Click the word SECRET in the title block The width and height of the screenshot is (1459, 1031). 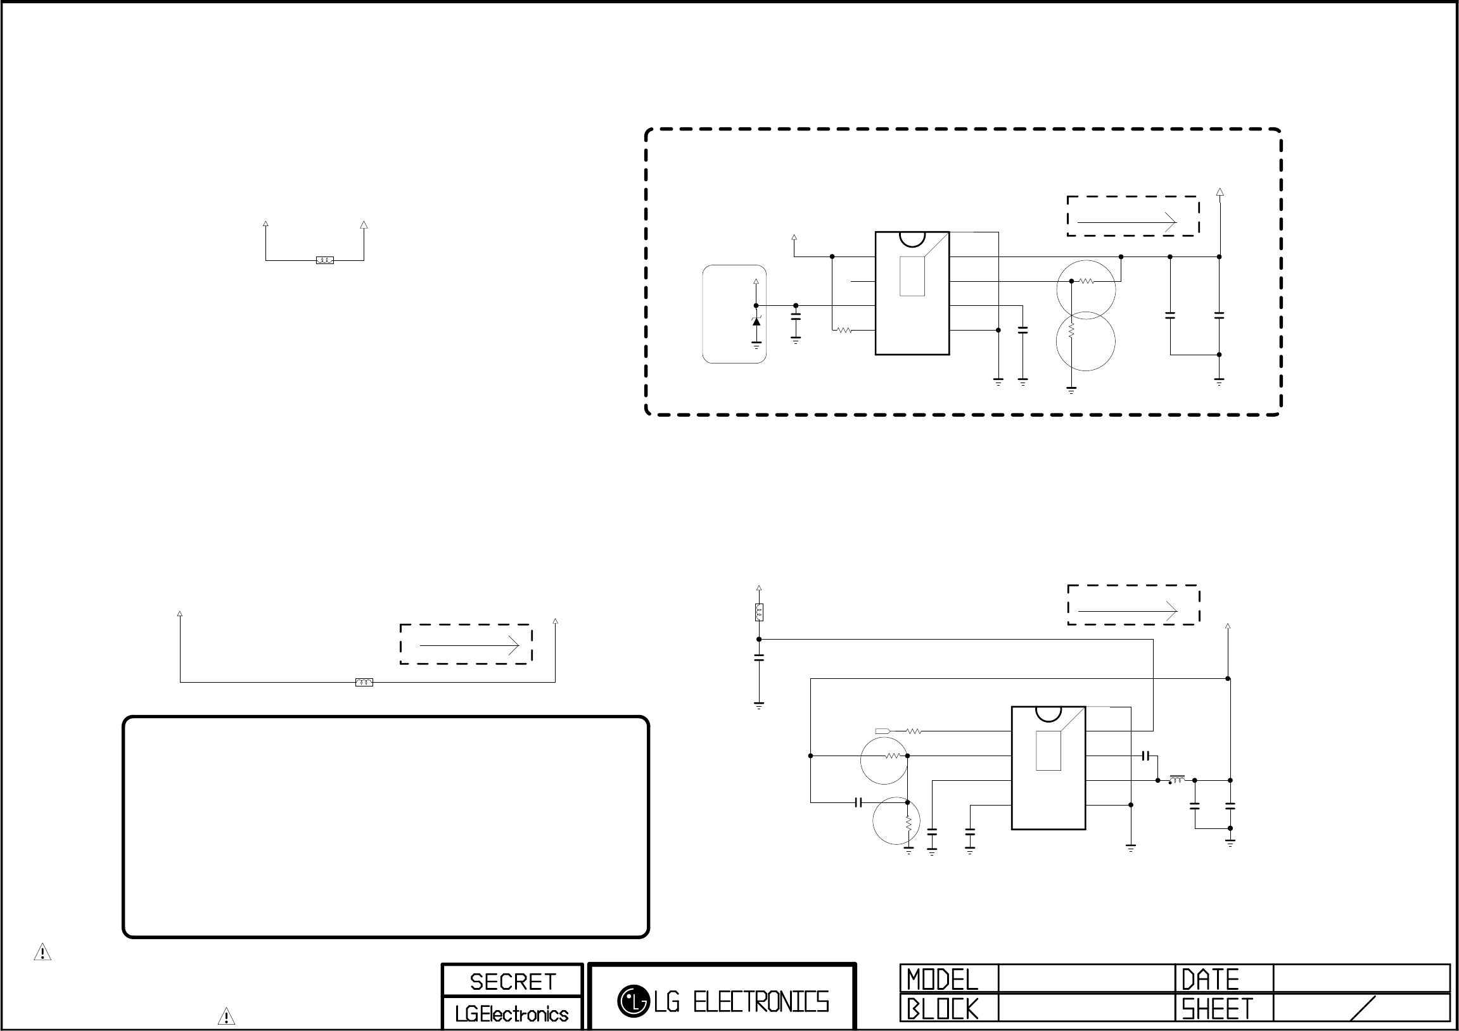(513, 982)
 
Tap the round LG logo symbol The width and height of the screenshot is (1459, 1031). (633, 1001)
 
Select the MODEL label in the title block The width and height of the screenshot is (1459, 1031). (943, 980)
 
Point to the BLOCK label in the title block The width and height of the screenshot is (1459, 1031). (943, 1009)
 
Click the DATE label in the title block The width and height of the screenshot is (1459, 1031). (1210, 980)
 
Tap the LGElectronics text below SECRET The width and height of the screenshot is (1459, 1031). (511, 1015)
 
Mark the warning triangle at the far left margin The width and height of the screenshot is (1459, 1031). (42, 952)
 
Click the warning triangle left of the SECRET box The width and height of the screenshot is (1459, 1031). (226, 1016)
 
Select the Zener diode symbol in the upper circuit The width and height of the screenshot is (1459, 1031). (756, 321)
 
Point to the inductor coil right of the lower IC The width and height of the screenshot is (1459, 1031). (1177, 779)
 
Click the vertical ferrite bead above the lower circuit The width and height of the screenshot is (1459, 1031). (759, 612)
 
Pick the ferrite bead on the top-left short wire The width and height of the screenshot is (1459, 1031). (325, 260)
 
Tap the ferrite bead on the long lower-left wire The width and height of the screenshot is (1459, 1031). (364, 682)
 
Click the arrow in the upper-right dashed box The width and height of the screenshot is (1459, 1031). (1127, 222)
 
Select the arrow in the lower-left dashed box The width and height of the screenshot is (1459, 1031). (469, 646)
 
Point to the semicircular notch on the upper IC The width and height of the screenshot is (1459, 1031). (912, 239)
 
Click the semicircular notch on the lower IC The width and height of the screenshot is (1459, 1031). (1048, 713)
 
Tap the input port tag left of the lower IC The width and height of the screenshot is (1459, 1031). (882, 731)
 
